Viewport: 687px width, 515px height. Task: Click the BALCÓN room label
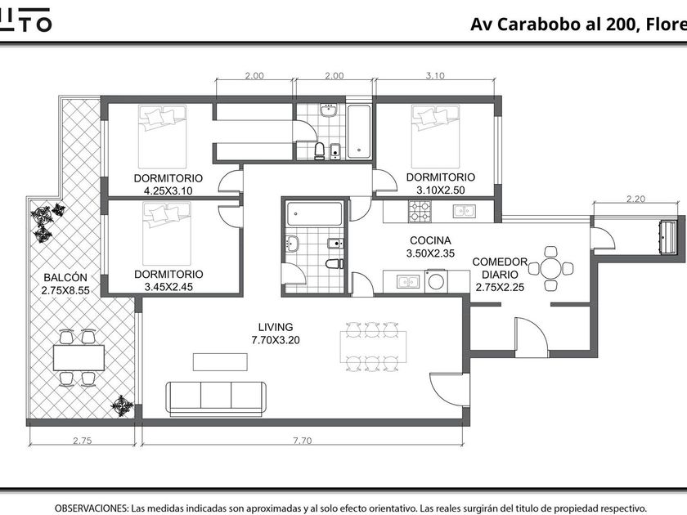point(65,277)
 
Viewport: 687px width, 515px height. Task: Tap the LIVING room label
point(273,327)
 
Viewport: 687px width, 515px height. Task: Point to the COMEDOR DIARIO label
point(500,268)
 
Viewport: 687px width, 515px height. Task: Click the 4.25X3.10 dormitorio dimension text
point(168,190)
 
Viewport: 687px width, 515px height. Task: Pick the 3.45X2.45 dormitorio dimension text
point(168,287)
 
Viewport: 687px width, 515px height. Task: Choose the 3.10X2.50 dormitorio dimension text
point(440,190)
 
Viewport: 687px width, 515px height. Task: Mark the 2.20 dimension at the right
point(635,199)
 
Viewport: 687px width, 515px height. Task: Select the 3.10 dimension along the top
point(435,76)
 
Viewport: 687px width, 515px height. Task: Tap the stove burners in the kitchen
point(420,212)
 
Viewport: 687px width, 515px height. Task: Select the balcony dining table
point(79,357)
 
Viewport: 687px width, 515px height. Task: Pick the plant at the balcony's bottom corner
point(122,405)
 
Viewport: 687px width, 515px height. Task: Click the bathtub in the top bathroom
point(360,131)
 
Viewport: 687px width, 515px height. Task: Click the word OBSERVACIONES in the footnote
point(91,508)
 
